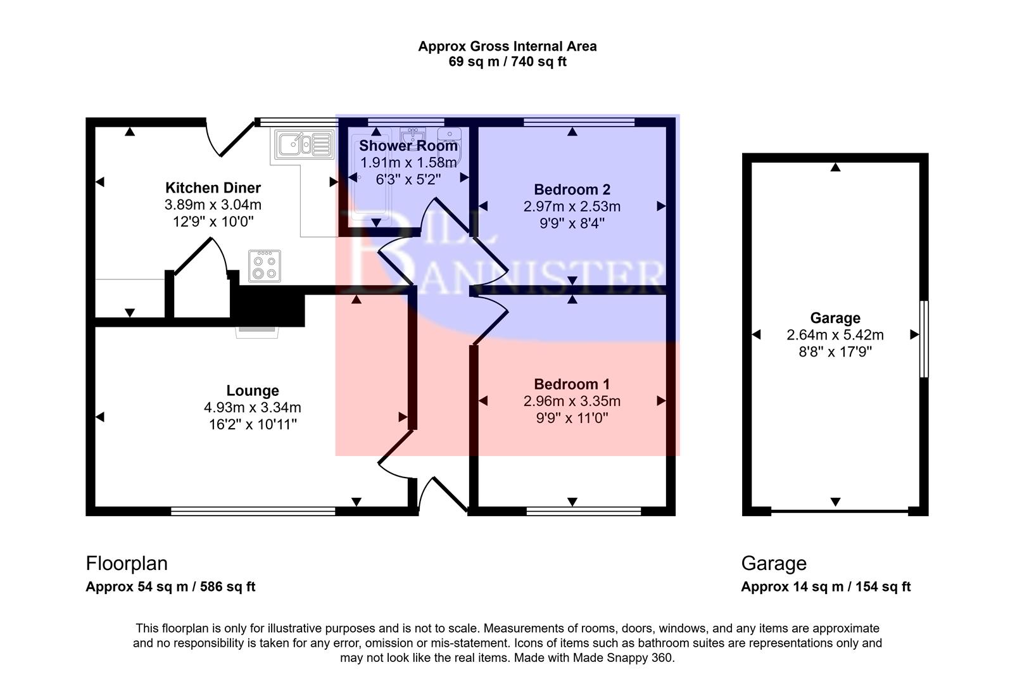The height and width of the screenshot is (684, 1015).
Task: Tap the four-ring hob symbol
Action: [x=265, y=266]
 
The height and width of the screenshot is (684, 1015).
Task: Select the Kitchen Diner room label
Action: [x=213, y=187]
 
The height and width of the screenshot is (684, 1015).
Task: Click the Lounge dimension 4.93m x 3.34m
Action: [x=252, y=407]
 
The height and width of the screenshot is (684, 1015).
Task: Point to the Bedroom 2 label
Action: [x=572, y=189]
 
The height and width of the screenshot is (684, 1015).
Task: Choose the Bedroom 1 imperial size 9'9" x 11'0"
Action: [x=572, y=418]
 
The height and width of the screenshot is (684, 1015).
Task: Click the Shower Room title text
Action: [x=408, y=146]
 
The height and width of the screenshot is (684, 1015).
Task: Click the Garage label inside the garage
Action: [x=835, y=318]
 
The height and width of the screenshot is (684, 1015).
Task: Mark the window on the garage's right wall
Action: [x=924, y=339]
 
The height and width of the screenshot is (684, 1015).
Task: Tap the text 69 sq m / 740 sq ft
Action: [x=507, y=62]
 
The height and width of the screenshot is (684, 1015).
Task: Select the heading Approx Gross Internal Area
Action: [x=507, y=46]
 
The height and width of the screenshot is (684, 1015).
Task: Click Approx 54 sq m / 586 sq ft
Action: [x=170, y=586]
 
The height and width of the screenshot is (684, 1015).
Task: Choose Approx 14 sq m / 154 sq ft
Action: [x=826, y=586]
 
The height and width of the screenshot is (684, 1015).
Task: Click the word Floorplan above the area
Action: [x=127, y=563]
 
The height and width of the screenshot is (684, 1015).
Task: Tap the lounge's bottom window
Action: [x=253, y=511]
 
